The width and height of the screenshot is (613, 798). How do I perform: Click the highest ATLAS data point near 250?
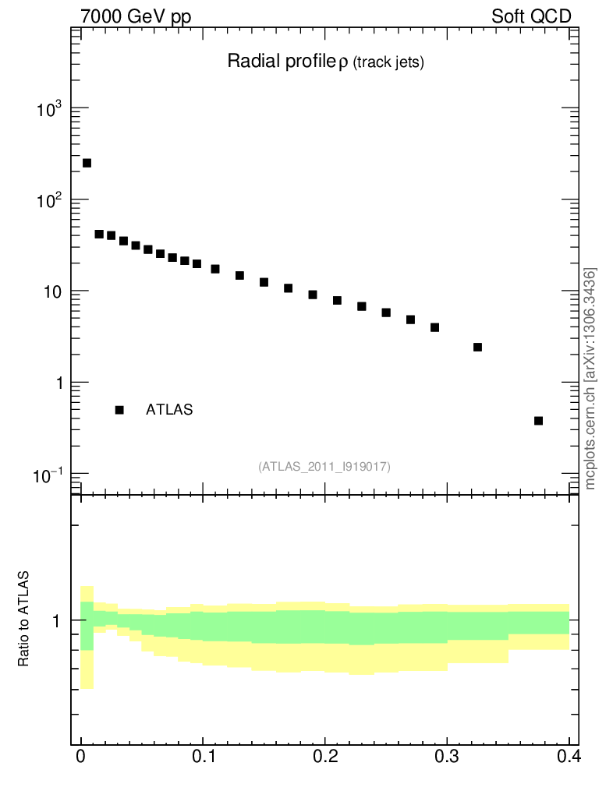[87, 163]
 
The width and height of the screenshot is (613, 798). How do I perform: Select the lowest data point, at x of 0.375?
[538, 421]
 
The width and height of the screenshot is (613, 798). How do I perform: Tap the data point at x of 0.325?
[477, 347]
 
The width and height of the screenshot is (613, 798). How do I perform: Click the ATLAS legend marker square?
[119, 410]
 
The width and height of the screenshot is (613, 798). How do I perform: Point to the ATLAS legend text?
[169, 410]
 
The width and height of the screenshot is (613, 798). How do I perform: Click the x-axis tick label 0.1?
[203, 757]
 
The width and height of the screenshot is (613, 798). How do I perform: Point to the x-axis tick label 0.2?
[324, 757]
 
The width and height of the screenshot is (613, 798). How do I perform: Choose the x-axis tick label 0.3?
[446, 757]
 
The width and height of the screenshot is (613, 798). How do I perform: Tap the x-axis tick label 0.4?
[568, 757]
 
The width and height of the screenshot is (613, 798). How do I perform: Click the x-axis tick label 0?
[81, 757]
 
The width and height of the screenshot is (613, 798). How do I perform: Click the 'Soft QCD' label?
[531, 16]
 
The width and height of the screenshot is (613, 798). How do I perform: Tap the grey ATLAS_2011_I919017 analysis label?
[324, 466]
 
